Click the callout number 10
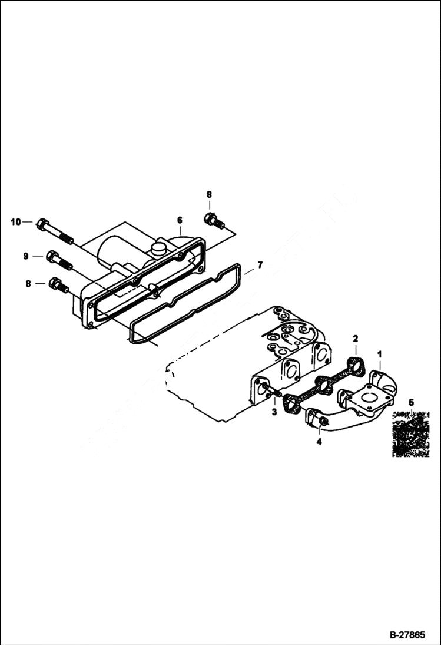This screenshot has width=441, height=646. click(15, 222)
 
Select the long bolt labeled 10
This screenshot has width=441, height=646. click(54, 231)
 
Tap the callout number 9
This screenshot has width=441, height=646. click(25, 256)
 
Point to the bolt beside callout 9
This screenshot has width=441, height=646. click(59, 261)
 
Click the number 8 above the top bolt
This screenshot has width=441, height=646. click(208, 194)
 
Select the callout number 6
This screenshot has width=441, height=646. click(180, 220)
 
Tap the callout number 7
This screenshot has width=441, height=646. click(260, 266)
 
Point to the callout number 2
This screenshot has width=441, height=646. click(355, 338)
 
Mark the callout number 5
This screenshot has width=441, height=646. click(411, 402)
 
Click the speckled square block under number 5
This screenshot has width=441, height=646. click(411, 435)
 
